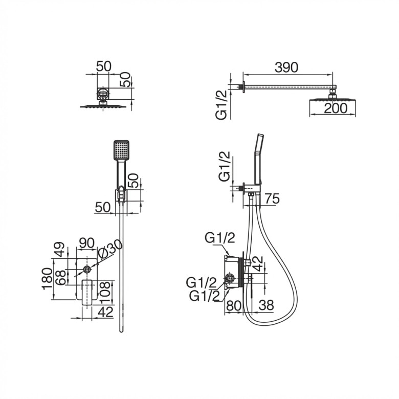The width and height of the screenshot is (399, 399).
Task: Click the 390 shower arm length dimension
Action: click(286, 68)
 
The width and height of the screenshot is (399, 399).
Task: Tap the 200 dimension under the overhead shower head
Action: click(336, 108)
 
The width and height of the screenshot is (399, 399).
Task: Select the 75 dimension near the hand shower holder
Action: click(272, 199)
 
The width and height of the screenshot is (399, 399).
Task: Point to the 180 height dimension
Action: click(48, 279)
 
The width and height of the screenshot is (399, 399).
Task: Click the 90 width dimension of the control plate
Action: click(87, 243)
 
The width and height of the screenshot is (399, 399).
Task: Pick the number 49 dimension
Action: click(59, 250)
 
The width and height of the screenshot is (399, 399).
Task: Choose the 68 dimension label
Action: click(61, 278)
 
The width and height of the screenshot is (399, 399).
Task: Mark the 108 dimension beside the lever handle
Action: click(105, 293)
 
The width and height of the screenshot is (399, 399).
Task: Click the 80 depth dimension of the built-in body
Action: click(234, 305)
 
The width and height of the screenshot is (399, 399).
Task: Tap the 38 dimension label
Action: click(266, 305)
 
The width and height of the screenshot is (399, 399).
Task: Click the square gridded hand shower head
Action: click(121, 150)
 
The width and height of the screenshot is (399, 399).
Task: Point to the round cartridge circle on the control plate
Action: click(87, 269)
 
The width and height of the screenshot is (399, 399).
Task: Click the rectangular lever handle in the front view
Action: click(87, 292)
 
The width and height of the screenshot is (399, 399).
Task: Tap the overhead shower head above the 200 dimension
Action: click(332, 100)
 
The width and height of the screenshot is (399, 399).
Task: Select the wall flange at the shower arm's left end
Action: click(243, 87)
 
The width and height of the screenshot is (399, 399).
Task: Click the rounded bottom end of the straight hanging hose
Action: click(121, 330)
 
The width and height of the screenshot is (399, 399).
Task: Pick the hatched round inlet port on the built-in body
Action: click(230, 279)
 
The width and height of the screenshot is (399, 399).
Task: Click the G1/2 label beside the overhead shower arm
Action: click(221, 105)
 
